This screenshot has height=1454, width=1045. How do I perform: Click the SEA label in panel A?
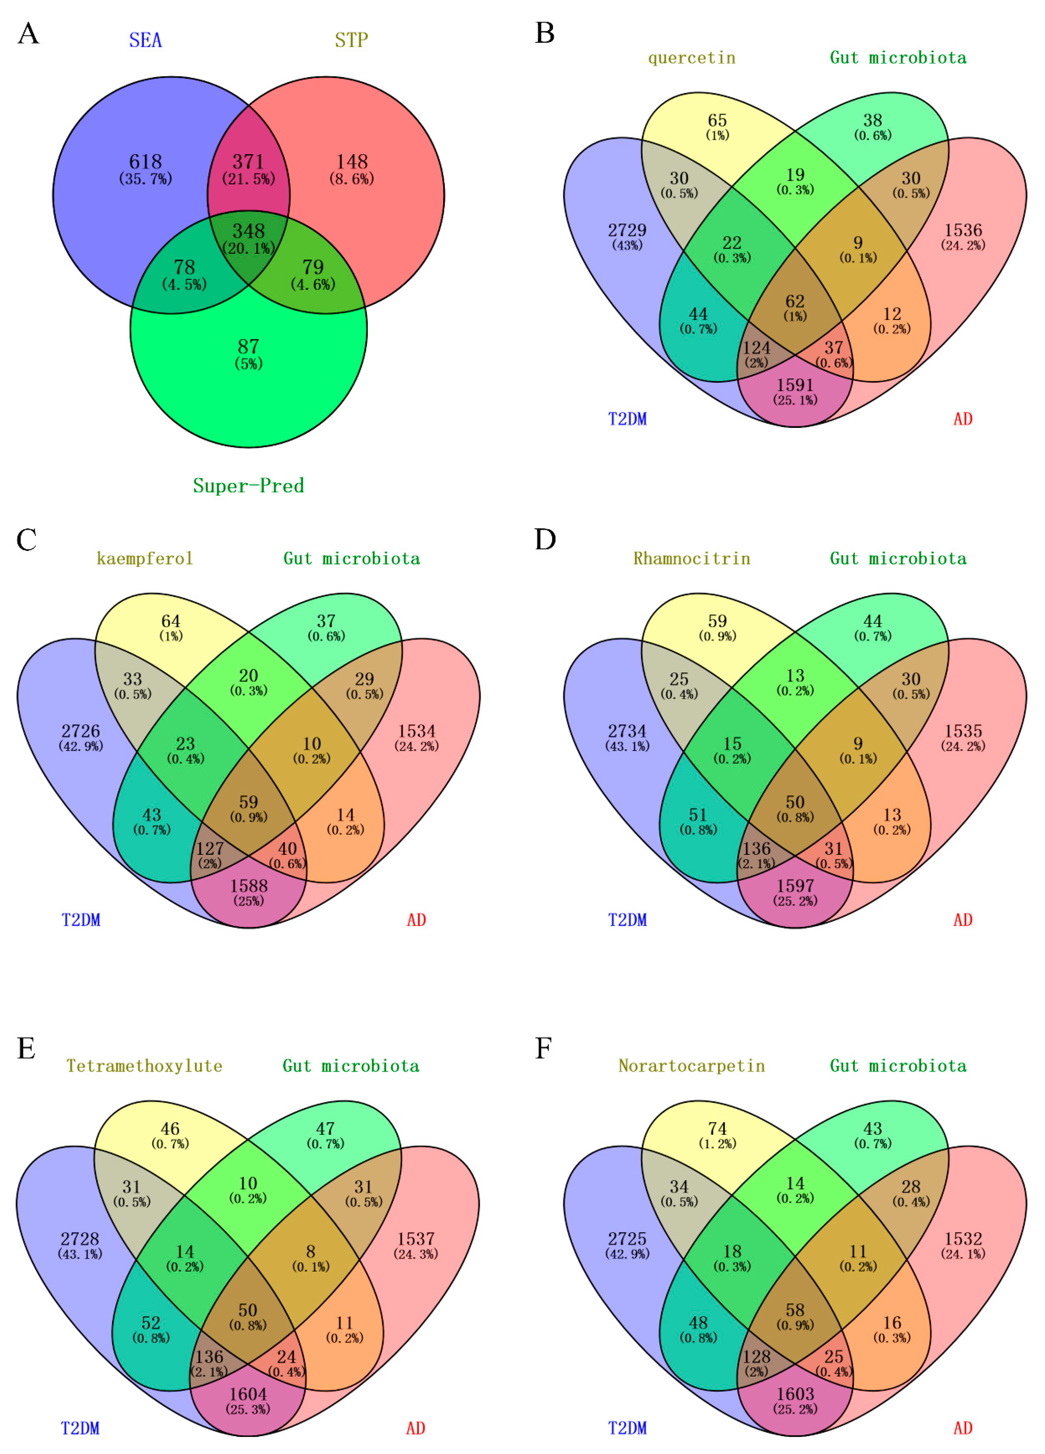tap(146, 40)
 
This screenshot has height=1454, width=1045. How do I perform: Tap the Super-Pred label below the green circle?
tap(248, 485)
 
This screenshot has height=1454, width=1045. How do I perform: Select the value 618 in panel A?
tap(146, 161)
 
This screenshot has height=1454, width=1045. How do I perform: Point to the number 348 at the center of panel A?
tap(248, 231)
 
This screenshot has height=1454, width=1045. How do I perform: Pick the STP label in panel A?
tap(351, 40)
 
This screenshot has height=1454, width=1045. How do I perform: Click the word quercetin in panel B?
tap(691, 58)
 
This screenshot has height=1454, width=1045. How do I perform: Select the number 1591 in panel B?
tap(795, 384)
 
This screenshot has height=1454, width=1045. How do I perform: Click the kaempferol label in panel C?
tap(144, 558)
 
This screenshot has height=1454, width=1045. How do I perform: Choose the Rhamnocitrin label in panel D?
tap(691, 558)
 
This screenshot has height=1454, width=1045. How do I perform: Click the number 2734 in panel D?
tap(627, 731)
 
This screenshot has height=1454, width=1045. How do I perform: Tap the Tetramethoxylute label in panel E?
tap(144, 1066)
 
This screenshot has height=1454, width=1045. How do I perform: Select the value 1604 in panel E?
tap(248, 1394)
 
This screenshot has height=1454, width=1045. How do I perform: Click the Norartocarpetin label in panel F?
tap(691, 1066)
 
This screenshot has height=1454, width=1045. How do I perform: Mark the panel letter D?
tap(545, 540)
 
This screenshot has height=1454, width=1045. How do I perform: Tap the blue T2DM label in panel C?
tap(81, 921)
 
